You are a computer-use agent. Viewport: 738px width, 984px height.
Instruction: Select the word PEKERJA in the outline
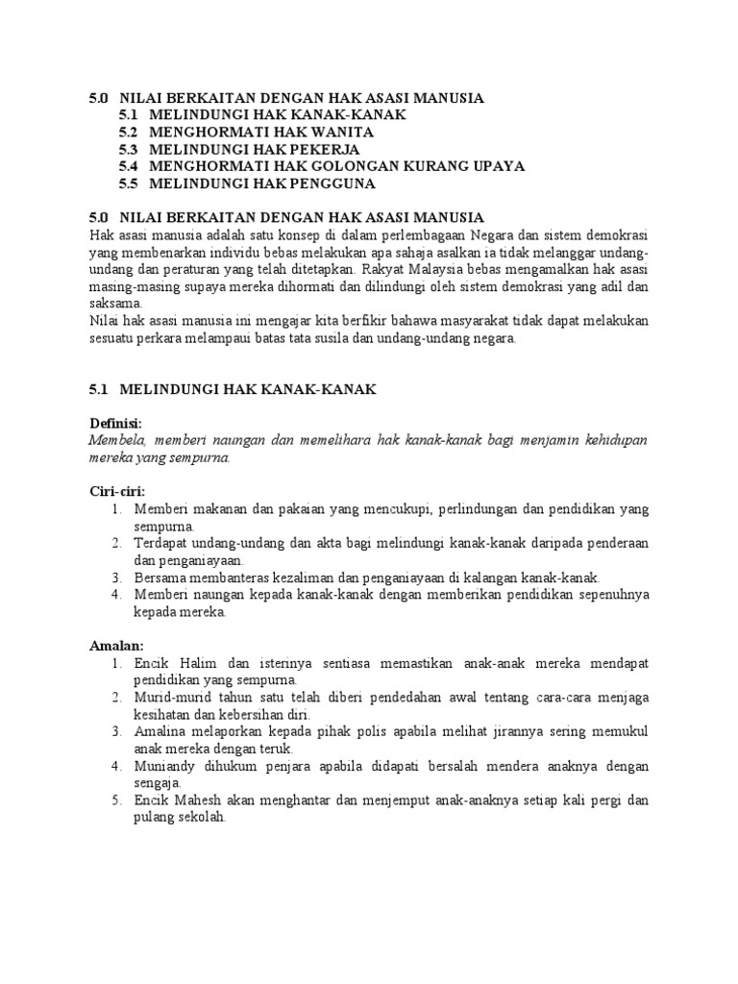[x=324, y=149]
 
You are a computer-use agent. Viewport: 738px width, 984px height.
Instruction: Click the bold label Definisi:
[x=115, y=424]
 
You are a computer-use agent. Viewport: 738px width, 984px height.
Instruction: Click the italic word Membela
[x=114, y=440]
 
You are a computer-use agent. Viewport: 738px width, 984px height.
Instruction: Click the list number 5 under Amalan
[x=115, y=799]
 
